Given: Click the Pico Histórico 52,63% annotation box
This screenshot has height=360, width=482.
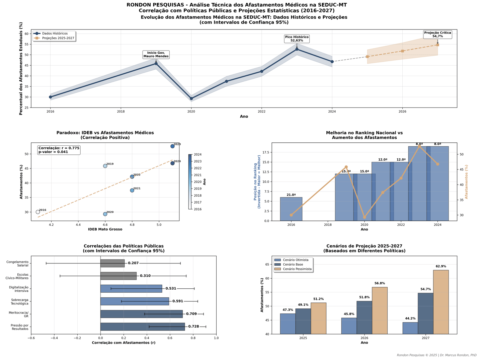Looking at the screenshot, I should pyautogui.click(x=297, y=39).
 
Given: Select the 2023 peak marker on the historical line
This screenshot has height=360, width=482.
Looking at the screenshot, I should pyautogui.click(x=297, y=49).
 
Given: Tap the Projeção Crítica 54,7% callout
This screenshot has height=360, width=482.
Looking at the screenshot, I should pyautogui.click(x=437, y=34).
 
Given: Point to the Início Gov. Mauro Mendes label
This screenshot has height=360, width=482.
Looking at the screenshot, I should pyautogui.click(x=156, y=55).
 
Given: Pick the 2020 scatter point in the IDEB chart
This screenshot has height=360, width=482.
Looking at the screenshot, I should pyautogui.click(x=105, y=214).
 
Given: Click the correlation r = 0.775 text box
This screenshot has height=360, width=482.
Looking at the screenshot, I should pyautogui.click(x=59, y=150).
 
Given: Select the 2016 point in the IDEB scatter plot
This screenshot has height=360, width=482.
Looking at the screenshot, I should pyautogui.click(x=38, y=212).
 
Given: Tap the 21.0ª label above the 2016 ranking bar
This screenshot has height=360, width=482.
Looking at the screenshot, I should pyautogui.click(x=291, y=195).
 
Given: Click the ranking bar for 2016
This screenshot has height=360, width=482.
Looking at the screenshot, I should pyautogui.click(x=291, y=209).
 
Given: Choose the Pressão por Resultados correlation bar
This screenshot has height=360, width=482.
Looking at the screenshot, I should pyautogui.click(x=143, y=327).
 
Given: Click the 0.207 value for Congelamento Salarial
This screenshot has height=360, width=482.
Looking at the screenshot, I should pyautogui.click(x=133, y=263).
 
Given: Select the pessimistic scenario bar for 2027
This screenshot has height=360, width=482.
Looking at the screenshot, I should pyautogui.click(x=441, y=302).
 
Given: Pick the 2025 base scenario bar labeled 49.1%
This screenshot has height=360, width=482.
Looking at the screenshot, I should pyautogui.click(x=303, y=321).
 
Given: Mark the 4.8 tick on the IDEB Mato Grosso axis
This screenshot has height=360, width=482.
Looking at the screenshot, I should pyautogui.click(x=132, y=225).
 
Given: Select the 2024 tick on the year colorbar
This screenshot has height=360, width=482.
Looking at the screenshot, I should pyautogui.click(x=197, y=155).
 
